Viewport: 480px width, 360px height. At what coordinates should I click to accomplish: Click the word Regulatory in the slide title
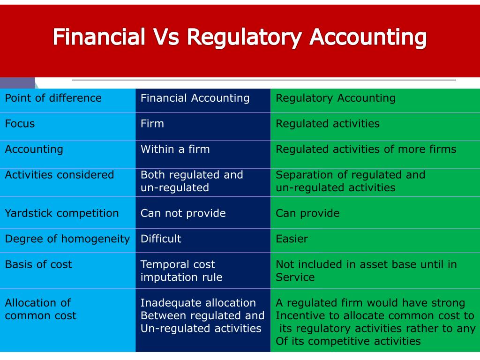tap(244, 37)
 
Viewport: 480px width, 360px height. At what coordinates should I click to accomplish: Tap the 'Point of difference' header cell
tap(53, 98)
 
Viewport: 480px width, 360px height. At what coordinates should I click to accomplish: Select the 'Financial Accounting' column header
tap(195, 98)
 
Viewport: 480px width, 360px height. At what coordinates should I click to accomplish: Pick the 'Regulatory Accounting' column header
tap(336, 98)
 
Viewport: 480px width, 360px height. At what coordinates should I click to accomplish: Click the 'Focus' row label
tap(20, 124)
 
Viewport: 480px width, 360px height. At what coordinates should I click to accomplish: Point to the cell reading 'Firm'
tap(152, 124)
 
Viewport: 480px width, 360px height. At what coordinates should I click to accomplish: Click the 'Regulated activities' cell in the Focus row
tap(328, 124)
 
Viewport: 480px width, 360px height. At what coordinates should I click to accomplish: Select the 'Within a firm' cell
tap(175, 150)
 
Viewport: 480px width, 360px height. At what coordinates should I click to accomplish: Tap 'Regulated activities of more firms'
tap(366, 150)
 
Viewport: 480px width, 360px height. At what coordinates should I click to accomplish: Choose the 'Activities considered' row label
tap(60, 175)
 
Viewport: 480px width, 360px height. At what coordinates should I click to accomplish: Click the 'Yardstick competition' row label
tap(62, 213)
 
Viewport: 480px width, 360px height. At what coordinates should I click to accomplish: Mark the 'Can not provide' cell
tap(183, 213)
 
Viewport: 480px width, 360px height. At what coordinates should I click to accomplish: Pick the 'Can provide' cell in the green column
tap(307, 213)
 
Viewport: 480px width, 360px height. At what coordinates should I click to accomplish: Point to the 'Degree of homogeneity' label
tap(67, 239)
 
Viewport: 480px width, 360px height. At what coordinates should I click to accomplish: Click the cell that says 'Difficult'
tap(161, 239)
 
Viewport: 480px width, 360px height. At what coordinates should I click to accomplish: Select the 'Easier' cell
tap(292, 239)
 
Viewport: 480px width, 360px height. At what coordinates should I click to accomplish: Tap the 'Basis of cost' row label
tap(38, 264)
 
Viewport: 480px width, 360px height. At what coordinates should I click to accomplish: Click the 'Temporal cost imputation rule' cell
tap(181, 271)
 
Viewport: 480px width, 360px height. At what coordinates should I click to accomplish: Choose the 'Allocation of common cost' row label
tap(40, 309)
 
